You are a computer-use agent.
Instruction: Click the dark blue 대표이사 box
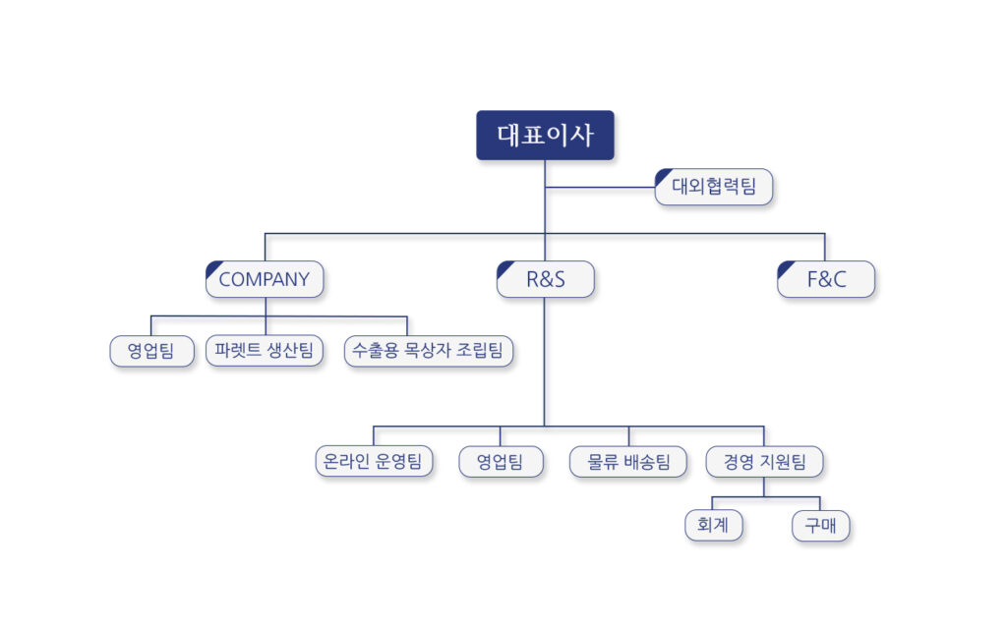point(545,135)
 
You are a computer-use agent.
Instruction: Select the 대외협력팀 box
point(714,187)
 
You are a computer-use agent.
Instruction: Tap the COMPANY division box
point(265,279)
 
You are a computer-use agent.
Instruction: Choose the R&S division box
point(545,279)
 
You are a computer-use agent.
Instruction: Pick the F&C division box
point(826,279)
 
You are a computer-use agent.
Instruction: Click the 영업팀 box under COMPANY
point(151,351)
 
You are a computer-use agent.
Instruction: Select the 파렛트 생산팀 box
point(264,351)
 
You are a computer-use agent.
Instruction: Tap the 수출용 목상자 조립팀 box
point(429,351)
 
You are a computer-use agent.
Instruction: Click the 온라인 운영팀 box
point(374,462)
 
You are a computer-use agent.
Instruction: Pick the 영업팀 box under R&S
point(501,462)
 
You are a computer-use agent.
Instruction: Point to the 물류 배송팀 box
point(628,462)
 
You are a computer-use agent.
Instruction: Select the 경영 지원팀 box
point(764,462)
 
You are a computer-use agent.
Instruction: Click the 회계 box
point(714,526)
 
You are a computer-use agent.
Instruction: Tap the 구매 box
point(821,526)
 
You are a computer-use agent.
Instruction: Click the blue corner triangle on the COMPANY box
point(212,267)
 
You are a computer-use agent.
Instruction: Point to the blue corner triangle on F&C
point(784,267)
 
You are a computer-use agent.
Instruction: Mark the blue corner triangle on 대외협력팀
point(661,175)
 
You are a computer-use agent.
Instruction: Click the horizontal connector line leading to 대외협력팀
point(600,188)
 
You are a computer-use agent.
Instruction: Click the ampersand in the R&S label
point(545,279)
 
